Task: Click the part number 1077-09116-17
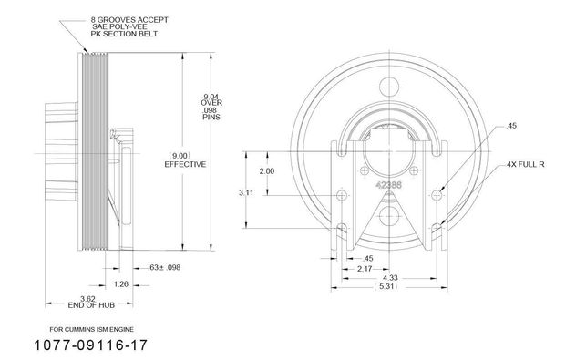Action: click(91, 345)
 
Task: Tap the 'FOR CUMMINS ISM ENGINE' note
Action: click(91, 330)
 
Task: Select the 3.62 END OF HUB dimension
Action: click(91, 302)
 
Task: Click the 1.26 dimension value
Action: click(121, 284)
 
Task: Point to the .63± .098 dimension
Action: click(165, 267)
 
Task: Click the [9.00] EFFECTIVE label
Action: click(185, 159)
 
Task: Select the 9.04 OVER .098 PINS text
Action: click(211, 107)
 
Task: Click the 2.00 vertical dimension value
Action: click(267, 171)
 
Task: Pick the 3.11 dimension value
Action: click(246, 192)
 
